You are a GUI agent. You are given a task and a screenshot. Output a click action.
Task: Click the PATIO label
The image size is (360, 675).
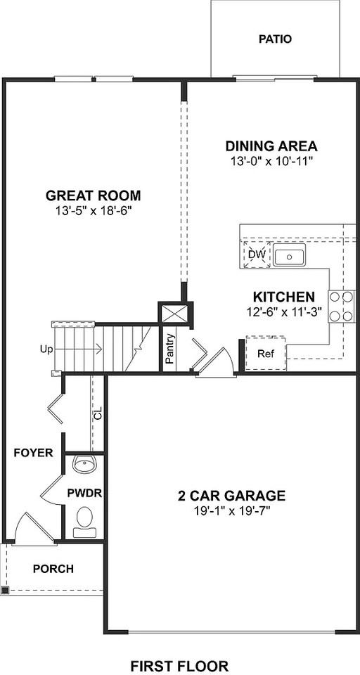pos(275,39)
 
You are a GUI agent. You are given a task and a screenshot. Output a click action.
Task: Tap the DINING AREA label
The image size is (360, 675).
pos(271,147)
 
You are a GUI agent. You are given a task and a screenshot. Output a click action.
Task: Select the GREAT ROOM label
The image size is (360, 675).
pos(93,195)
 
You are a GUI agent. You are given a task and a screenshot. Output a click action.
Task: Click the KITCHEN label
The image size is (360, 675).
pos(284,297)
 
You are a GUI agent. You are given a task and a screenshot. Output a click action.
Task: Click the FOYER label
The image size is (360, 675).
pos(33,453)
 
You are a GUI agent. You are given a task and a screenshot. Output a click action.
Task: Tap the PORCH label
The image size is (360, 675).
pos(53,569)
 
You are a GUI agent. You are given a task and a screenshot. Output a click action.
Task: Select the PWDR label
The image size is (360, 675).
pos(85,493)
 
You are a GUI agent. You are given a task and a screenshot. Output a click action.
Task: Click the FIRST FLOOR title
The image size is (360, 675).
pos(180,665)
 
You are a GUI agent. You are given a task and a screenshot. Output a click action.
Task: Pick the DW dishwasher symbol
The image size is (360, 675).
pos(257,255)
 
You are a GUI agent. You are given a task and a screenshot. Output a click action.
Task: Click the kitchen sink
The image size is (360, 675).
pos(289,257)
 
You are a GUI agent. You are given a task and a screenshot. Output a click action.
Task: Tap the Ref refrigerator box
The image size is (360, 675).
pos(265,354)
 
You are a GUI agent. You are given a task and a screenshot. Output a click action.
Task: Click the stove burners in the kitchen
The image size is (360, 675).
pos(341,306)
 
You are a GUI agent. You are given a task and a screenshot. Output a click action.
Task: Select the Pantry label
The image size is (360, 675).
pos(169,349)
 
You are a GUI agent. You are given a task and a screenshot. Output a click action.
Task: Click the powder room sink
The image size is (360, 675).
pos(85,465)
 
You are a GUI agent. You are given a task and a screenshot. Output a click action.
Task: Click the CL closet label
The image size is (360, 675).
pos(98,414)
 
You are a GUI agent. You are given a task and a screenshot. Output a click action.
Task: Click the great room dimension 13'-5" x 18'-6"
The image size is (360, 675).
pos(93,210)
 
